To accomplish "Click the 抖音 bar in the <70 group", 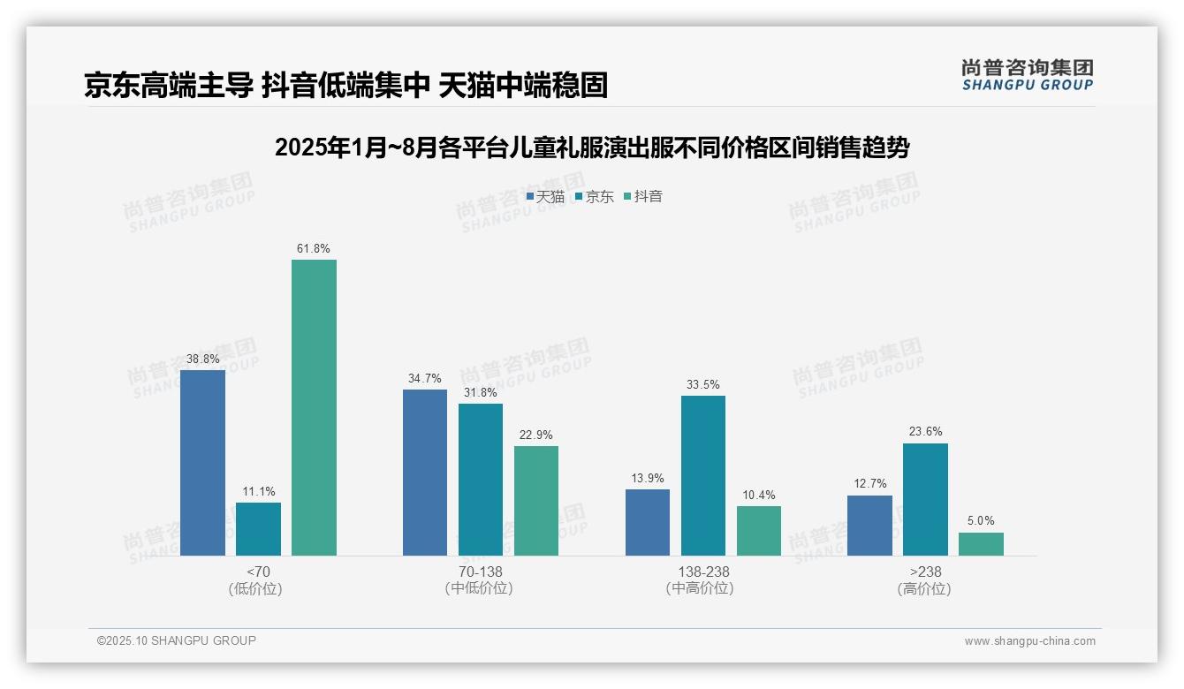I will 314,407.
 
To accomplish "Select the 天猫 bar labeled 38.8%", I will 202,463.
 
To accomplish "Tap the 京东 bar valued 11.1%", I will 258,529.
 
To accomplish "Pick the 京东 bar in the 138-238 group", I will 703,475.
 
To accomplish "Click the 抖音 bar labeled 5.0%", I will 981,544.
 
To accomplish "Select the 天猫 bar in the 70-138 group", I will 425,473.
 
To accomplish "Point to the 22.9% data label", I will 536,435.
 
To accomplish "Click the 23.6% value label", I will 925,432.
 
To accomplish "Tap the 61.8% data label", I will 314,248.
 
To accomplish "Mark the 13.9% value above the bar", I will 648,478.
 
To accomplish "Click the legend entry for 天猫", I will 545,197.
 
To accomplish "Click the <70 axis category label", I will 258,572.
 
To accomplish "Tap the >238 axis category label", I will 925,572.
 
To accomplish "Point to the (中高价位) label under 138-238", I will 703,588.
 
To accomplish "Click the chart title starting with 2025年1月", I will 592,148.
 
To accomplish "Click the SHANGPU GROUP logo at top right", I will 1028,75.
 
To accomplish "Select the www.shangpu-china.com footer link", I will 1029,641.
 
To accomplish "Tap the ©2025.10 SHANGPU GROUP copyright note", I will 177,640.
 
